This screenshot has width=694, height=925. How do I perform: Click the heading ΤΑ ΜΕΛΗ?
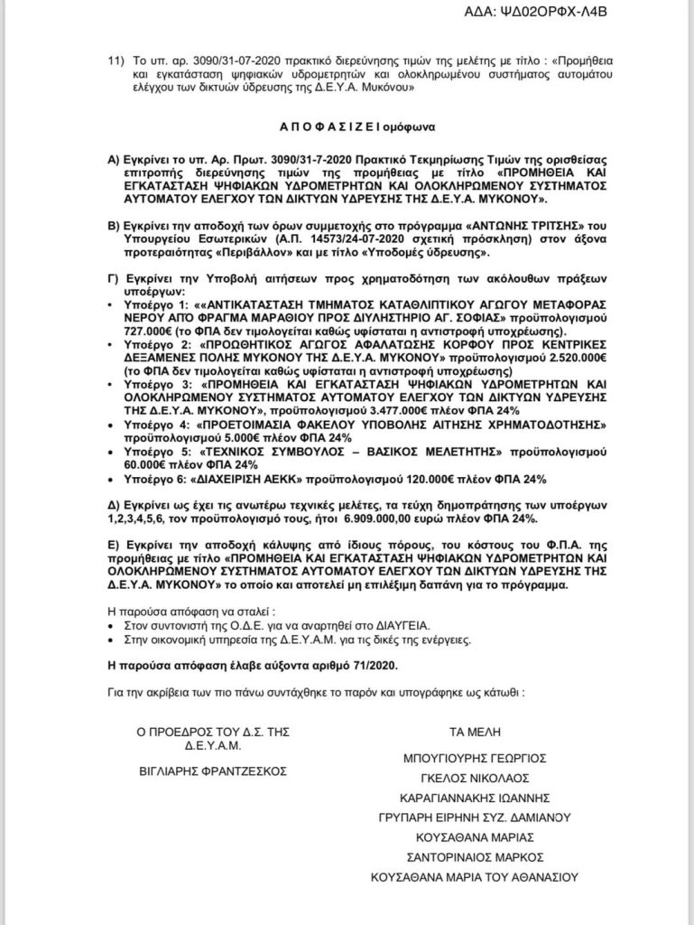coord(474,732)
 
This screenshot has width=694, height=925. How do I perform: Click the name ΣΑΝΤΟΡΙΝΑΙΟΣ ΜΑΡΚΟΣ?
coord(475,855)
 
